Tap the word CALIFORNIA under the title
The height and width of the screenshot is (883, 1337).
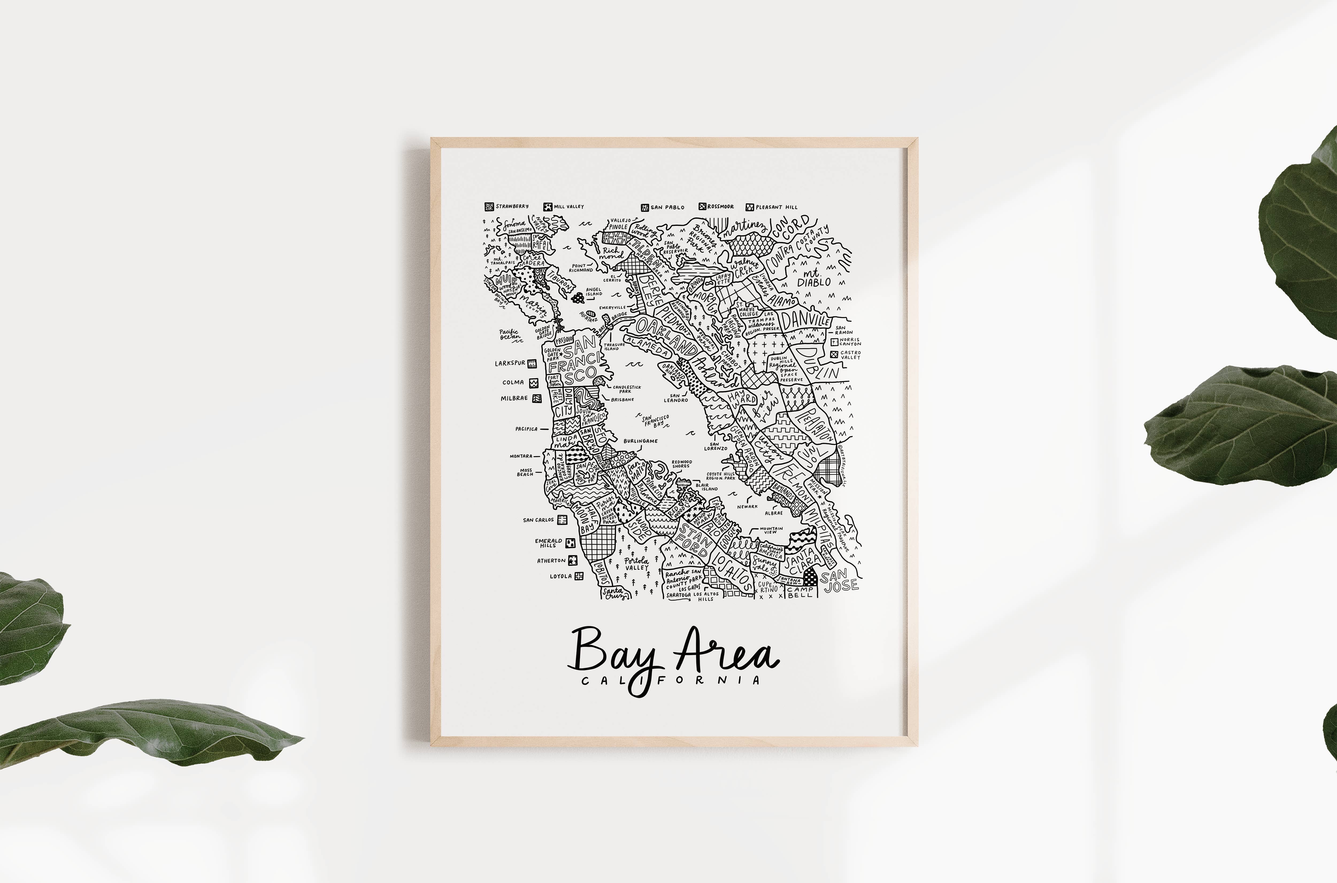[670, 680]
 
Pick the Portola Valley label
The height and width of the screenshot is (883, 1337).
[637, 564]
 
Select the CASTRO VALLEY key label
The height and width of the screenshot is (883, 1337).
[850, 355]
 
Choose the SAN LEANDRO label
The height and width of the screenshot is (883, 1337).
[675, 398]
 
